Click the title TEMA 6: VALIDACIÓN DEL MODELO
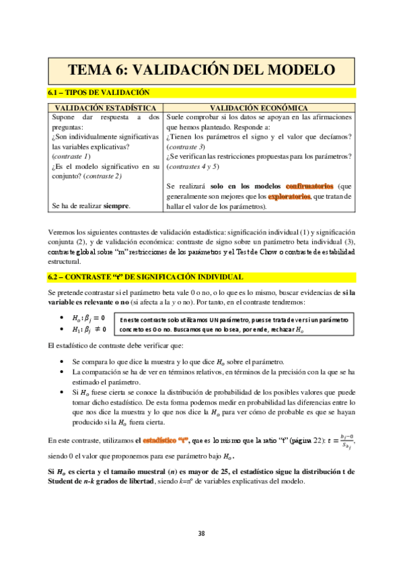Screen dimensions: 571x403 [201, 70]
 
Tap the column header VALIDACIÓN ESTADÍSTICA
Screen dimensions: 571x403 [105, 108]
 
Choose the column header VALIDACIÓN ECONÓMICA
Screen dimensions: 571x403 [259, 108]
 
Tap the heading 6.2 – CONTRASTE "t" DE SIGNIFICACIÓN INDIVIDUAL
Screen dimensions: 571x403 [145, 277]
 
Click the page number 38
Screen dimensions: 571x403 [201, 533]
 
